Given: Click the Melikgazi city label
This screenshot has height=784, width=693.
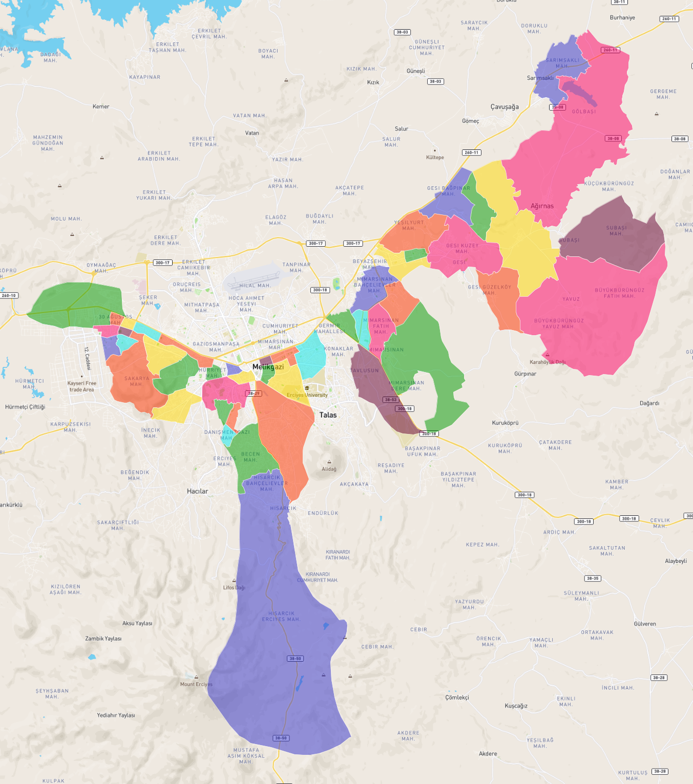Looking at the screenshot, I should tap(268, 367).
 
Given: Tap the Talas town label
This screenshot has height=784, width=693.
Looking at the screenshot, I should tap(328, 415).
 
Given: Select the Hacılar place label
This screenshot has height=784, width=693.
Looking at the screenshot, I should tap(197, 491).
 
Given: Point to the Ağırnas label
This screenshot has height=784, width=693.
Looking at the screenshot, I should tap(542, 206).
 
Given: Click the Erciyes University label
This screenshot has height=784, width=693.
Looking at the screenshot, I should tap(307, 395).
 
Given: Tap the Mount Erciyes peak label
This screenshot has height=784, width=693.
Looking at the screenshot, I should tap(196, 684).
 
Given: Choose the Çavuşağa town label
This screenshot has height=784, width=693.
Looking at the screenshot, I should tap(505, 107).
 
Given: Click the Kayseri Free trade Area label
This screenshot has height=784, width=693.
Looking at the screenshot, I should tap(82, 386).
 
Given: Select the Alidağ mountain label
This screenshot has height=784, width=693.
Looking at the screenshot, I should tap(329, 469).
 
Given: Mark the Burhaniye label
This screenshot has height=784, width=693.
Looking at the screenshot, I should tap(622, 17).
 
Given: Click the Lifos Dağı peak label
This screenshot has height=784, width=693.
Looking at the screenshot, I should tap(234, 587).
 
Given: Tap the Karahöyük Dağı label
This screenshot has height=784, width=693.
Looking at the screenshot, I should tap(548, 362).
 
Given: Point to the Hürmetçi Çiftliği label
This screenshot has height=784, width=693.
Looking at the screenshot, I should tap(25, 407).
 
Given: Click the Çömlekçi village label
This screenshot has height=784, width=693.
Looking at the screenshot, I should tap(457, 698).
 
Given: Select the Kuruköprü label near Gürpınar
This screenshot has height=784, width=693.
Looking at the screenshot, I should tap(505, 423).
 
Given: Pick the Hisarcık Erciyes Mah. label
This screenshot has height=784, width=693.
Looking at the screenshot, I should tap(281, 616).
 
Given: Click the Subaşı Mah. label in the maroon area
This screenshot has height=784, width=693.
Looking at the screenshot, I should tap(616, 231).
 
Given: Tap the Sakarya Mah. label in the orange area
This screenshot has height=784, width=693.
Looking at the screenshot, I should tap(137, 381).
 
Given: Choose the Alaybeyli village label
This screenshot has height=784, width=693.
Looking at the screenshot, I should tap(676, 561).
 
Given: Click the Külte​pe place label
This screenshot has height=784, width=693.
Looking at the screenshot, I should tap(435, 157).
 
